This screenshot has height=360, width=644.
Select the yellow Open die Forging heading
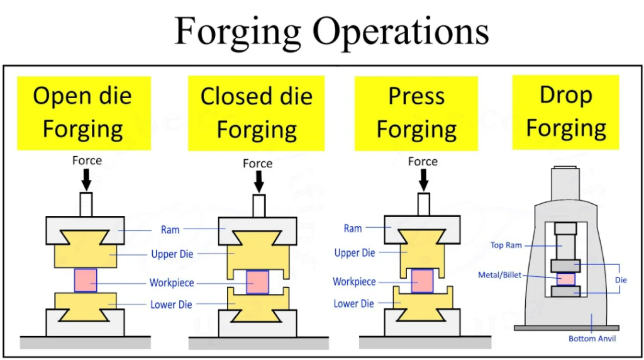tap(83, 113)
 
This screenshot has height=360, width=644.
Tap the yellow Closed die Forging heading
tap(256, 113)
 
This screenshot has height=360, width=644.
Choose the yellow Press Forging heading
tap(416, 113)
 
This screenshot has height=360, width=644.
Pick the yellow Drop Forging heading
tap(565, 112)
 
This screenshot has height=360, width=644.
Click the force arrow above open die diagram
tap(87, 180)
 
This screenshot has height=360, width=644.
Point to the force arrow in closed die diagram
tap(258, 183)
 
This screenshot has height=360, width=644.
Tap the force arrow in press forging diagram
tap(423, 180)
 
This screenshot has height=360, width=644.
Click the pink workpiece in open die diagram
tap(86, 279)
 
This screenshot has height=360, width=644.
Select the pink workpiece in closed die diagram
tap(258, 282)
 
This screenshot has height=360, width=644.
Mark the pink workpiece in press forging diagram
tap(423, 281)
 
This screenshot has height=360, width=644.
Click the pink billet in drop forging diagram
tap(566, 279)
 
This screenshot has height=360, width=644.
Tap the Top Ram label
tap(506, 245)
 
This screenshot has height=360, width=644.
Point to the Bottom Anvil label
tap(592, 339)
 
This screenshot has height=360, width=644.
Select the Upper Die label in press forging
tap(355, 253)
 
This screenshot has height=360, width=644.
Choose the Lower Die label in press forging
tap(354, 304)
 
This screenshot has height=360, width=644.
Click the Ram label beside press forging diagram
tap(353, 228)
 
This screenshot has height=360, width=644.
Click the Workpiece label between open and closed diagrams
tap(171, 283)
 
